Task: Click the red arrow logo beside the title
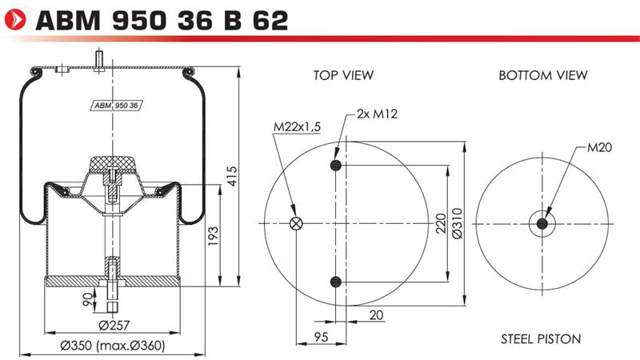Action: (x=14, y=19)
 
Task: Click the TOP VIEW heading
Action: (x=343, y=75)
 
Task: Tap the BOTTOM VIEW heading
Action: (x=543, y=75)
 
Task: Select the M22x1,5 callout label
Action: (x=297, y=127)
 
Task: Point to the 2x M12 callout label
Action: (x=377, y=114)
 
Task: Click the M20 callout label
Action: (x=599, y=147)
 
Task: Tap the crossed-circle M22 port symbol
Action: (x=295, y=223)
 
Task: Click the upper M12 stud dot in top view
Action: (x=335, y=166)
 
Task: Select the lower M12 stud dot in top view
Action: (x=335, y=282)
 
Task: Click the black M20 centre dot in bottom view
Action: (x=542, y=224)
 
